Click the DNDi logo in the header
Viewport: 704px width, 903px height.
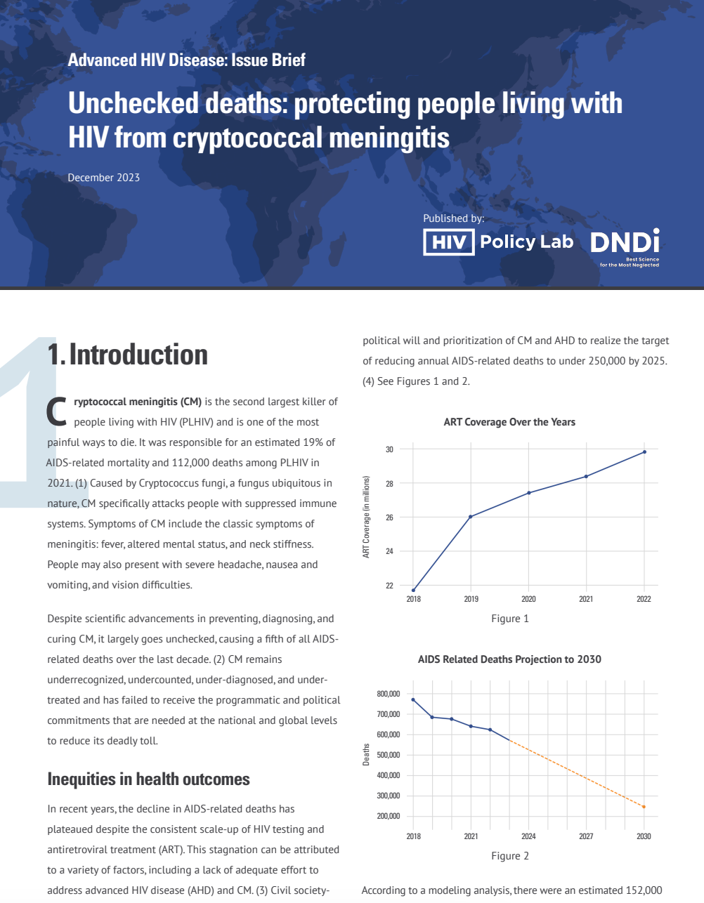coord(625,243)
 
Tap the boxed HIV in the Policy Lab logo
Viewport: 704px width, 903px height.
coord(449,242)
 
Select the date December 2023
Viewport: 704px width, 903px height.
coord(103,178)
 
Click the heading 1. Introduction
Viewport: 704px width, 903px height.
coord(127,355)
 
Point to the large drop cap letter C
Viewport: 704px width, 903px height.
coord(57,411)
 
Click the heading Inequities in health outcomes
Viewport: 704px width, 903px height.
coord(148,779)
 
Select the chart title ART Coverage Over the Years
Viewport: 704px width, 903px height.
coord(509,422)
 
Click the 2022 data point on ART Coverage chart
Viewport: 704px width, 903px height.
coord(644,451)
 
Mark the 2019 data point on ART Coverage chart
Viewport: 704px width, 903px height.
coord(471,517)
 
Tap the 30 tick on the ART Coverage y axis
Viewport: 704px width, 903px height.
coord(389,449)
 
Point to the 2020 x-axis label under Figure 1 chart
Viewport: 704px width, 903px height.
coord(528,599)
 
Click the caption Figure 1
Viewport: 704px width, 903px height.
coord(509,619)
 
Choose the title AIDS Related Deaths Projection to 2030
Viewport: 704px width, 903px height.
coord(509,659)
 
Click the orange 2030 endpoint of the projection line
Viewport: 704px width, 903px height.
coord(644,807)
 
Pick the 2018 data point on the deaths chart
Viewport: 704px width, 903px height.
coord(413,699)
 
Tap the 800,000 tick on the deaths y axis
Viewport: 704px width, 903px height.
coord(388,694)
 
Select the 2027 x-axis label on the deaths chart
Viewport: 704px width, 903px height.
coord(586,836)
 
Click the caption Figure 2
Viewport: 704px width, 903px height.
coord(509,856)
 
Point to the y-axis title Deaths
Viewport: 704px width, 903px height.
coord(366,755)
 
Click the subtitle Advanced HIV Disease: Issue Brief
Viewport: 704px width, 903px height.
coord(186,60)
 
